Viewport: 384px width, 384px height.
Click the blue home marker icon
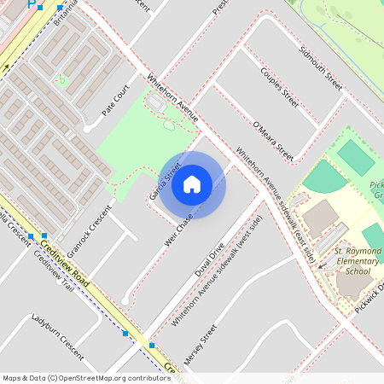[192, 183]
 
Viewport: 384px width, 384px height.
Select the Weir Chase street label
[180, 230]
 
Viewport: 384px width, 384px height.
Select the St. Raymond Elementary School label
[352, 261]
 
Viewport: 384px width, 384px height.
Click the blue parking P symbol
[32, 3]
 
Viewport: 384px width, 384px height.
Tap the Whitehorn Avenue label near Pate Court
[173, 96]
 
